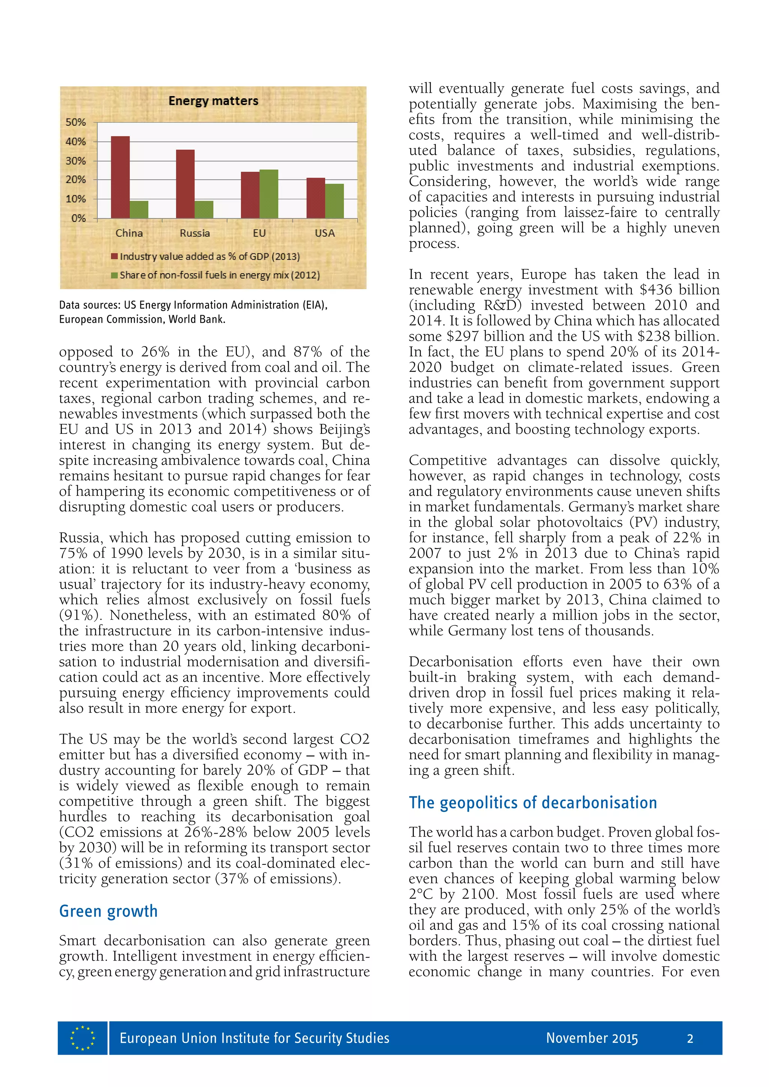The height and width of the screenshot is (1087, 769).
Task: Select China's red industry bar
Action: pos(120,177)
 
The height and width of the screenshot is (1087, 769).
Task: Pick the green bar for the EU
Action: pos(268,194)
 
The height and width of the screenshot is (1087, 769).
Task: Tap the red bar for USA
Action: pos(315,198)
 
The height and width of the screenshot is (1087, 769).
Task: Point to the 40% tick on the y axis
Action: pos(76,142)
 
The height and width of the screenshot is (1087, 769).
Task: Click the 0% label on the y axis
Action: pos(78,218)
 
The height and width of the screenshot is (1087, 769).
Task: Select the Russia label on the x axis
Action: pos(195,233)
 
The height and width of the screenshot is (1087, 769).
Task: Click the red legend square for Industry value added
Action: pos(114,257)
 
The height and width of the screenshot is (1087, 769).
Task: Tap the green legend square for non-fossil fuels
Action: pos(114,275)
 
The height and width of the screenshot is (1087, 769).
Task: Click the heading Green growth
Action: pos(108,911)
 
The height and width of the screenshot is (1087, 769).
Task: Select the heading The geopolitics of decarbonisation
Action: pos(533,803)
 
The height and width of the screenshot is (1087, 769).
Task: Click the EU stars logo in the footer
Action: pos(82,1038)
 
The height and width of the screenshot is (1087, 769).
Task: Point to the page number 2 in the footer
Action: pos(690,1039)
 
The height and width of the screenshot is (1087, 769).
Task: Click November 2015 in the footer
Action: pos(591,1038)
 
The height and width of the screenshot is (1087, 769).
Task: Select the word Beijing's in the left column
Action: pos(344,429)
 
